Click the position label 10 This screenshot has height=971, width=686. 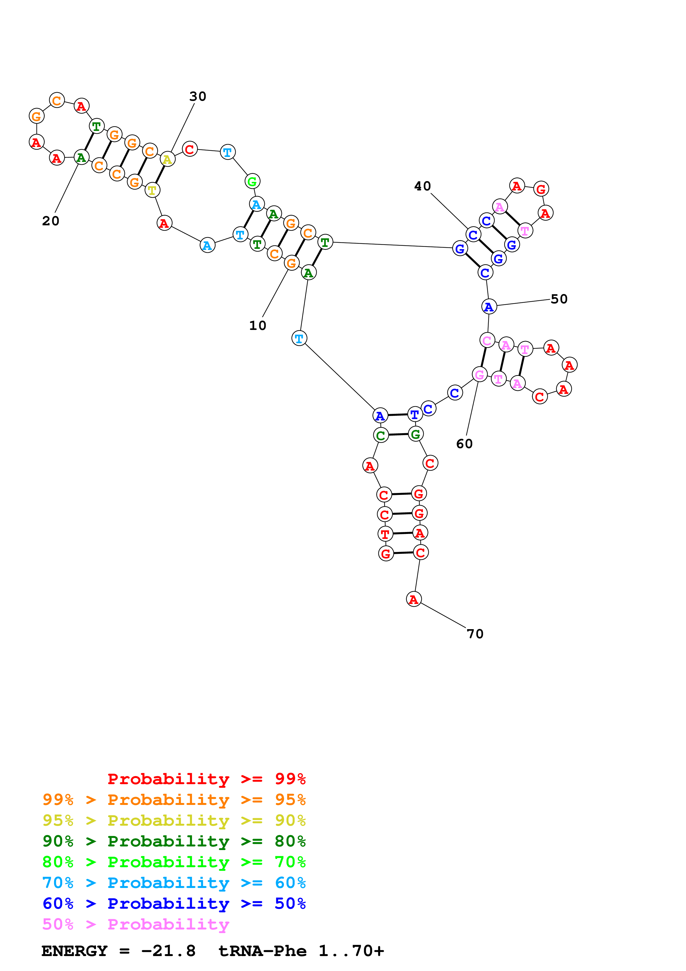(257, 325)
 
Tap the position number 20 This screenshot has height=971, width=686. (51, 221)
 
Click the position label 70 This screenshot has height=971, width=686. (475, 634)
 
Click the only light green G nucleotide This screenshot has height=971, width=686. (252, 181)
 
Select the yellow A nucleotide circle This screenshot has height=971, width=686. (167, 159)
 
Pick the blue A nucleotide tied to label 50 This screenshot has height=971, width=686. (489, 307)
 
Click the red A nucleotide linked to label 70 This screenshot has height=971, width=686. (414, 599)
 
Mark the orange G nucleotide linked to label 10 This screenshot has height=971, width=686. (291, 263)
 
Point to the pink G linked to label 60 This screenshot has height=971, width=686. (479, 375)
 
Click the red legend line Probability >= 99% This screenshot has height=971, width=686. (206, 779)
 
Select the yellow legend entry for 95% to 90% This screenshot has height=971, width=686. (174, 820)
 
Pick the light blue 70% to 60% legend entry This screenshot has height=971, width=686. (174, 883)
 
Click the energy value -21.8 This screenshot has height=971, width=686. (168, 951)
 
